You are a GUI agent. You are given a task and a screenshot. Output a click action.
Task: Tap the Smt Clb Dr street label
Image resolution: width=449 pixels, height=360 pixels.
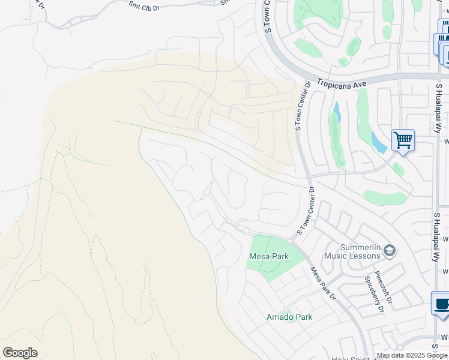144,7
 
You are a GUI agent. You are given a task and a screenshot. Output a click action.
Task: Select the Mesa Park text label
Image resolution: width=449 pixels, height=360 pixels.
269,256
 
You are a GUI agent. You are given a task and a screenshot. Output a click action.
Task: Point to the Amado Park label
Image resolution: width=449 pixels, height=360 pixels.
289,316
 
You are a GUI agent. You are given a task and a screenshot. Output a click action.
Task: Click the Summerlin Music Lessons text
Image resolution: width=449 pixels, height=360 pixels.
352,251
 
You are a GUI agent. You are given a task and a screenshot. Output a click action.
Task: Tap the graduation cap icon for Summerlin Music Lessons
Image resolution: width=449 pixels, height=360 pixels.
389,250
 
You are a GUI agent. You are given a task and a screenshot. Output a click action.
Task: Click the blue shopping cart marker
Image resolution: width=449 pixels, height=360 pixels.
403,140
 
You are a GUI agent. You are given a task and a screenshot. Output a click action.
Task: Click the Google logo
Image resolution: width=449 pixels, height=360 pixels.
20,353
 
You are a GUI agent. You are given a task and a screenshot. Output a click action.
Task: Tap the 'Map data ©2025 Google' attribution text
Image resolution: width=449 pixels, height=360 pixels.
412,355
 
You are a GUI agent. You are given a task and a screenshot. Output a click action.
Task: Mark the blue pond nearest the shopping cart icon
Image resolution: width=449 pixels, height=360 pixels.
378,143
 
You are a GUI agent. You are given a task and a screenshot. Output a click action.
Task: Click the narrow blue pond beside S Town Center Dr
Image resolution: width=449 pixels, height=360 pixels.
337,112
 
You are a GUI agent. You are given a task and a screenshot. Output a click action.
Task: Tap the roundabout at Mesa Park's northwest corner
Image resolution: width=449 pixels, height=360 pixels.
246,230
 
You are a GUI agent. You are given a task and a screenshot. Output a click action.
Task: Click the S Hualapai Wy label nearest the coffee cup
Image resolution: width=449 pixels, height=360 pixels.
436,236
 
